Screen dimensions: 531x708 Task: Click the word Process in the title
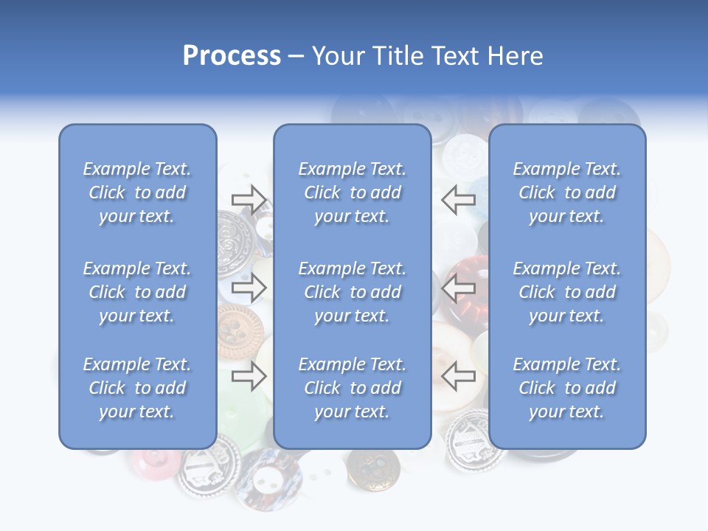[x=232, y=56]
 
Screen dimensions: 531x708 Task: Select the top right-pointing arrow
[x=249, y=199]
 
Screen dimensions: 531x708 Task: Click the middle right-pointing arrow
[x=249, y=288]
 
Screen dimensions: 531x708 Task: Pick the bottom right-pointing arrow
[x=249, y=377]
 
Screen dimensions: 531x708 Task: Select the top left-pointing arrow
[x=459, y=199]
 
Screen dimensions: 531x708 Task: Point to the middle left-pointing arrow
[x=459, y=288]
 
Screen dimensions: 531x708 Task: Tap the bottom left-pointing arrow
[x=459, y=377]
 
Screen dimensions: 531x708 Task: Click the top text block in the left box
[x=137, y=192]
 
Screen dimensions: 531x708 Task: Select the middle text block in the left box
[x=137, y=292]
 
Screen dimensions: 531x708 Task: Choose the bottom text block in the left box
[x=137, y=388]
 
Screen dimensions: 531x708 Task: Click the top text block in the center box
[x=352, y=192]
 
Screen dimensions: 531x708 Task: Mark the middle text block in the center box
[x=352, y=292]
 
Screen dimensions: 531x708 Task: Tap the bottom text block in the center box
[x=352, y=388]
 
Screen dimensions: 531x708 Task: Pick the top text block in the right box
[x=567, y=192]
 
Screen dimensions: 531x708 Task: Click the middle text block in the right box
[x=567, y=292]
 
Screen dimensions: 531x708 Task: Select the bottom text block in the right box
[x=567, y=388]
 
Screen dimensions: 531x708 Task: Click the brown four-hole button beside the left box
[x=238, y=330]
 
